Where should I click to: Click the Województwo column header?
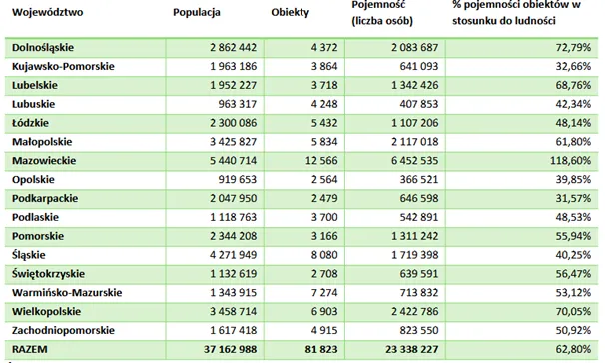click(48, 12)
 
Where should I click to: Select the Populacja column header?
click(197, 12)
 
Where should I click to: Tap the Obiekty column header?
click(291, 12)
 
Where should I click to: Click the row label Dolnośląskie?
click(43, 48)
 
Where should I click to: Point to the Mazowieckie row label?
click(44, 160)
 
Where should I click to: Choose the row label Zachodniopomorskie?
click(63, 331)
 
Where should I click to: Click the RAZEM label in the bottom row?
click(30, 349)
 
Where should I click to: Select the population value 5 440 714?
click(233, 160)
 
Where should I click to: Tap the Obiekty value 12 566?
click(321, 160)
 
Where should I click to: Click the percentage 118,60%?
click(570, 160)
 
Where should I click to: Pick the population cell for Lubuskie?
click(238, 104)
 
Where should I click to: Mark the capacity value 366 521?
click(419, 179)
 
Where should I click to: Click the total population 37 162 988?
click(230, 349)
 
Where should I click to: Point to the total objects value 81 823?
click(321, 349)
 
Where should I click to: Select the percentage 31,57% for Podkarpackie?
click(573, 198)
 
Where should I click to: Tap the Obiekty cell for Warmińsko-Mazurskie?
click(324, 293)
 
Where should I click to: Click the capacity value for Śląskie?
click(415, 255)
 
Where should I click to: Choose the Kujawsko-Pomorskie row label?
click(63, 66)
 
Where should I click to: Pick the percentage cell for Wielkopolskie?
click(573, 312)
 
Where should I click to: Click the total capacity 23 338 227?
click(412, 349)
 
